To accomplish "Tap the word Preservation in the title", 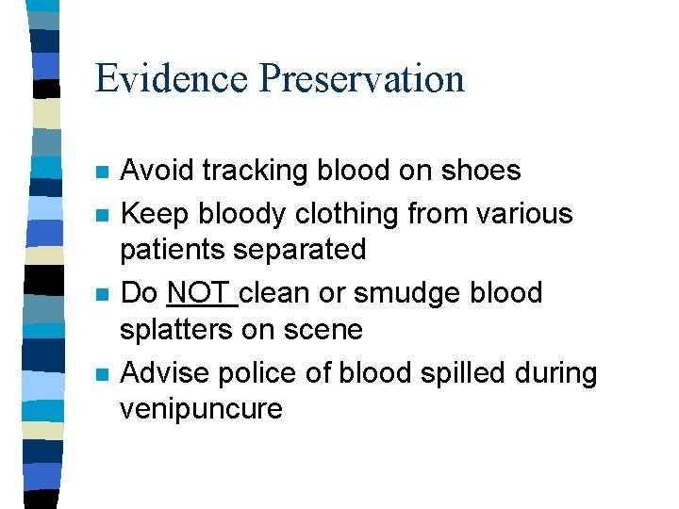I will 362,78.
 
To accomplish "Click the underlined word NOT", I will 200,293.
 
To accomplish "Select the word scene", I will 325,330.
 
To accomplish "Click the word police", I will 249,373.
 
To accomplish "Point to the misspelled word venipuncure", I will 201,410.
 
